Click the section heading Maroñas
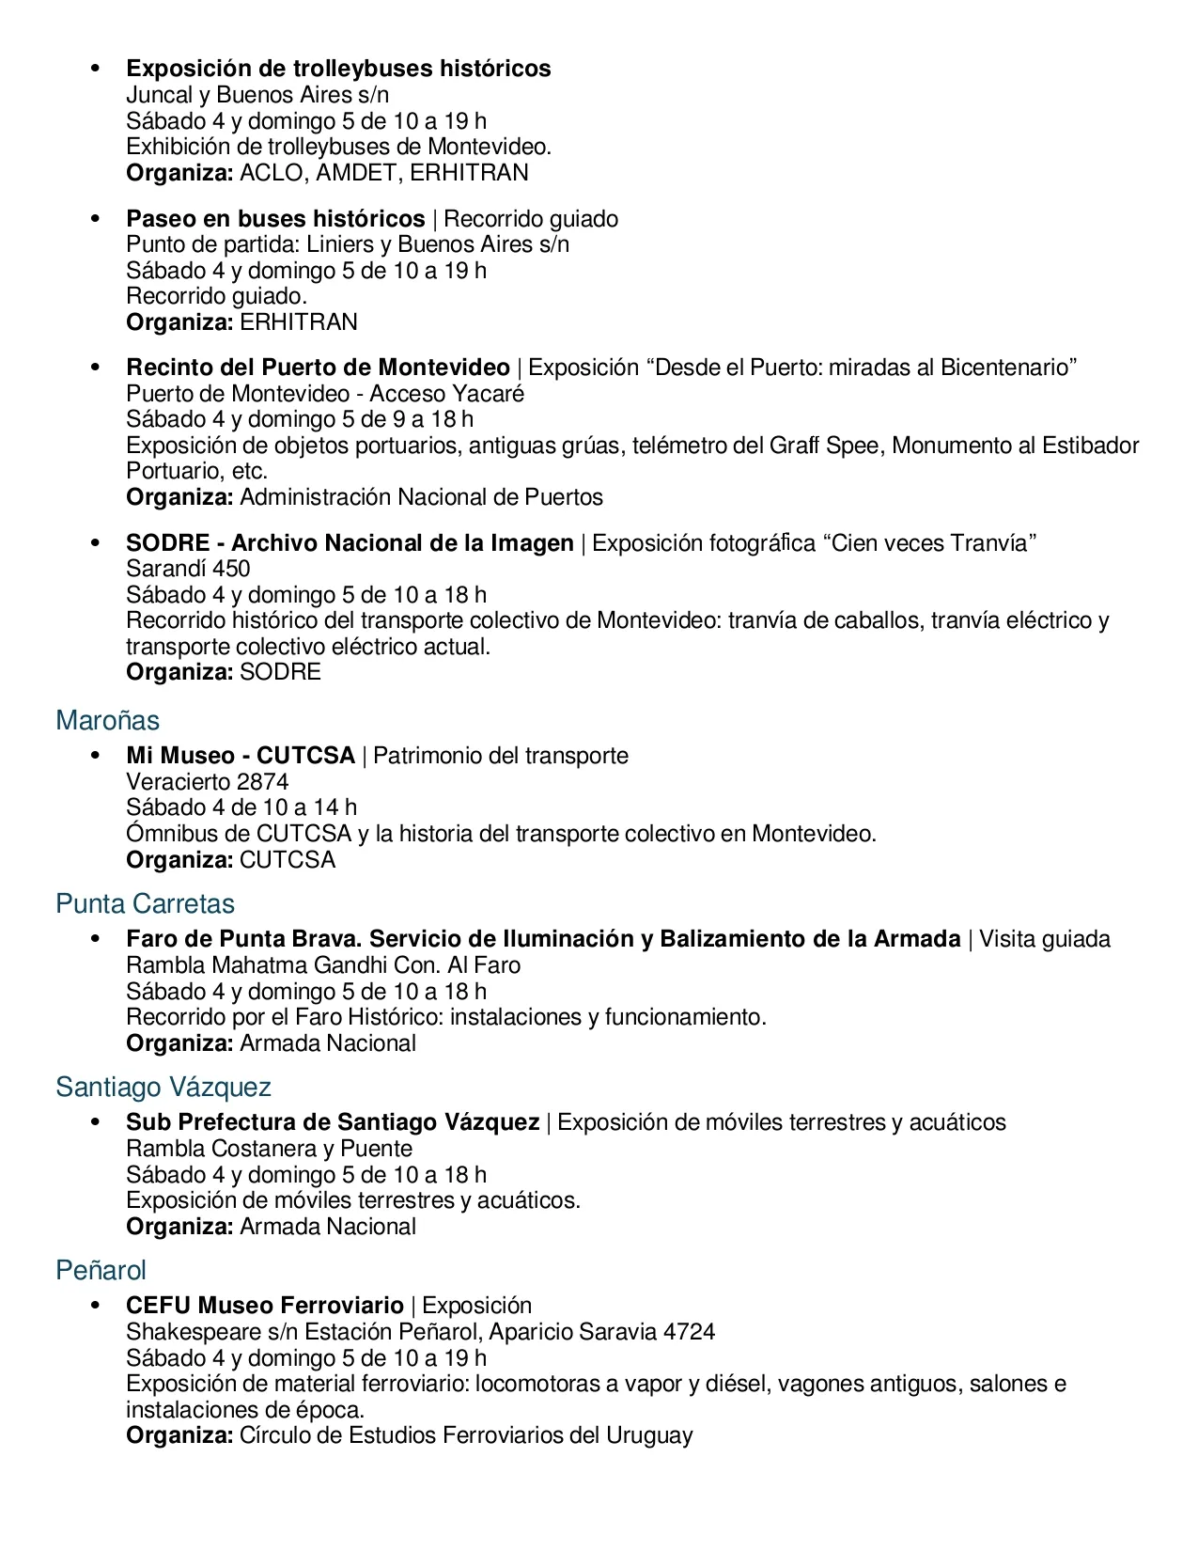(107, 721)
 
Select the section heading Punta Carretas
(145, 904)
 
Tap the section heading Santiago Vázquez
(163, 1088)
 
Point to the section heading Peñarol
(101, 1271)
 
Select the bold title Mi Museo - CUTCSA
(241, 756)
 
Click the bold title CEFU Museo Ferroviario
(265, 1306)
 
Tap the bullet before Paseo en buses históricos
(95, 219)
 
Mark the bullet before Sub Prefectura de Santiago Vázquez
(95, 1122)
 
